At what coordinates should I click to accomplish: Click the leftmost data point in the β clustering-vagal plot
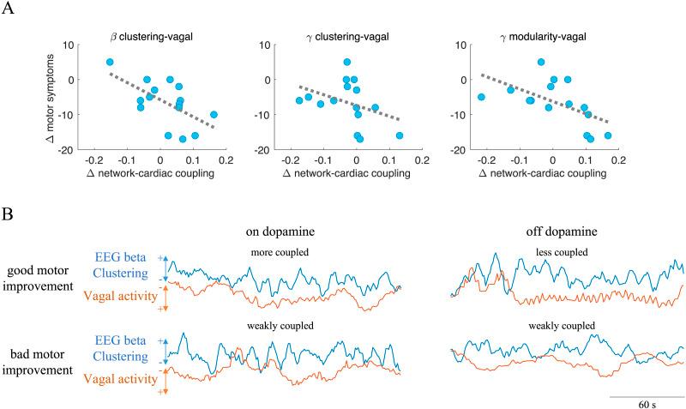pos(110,62)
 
